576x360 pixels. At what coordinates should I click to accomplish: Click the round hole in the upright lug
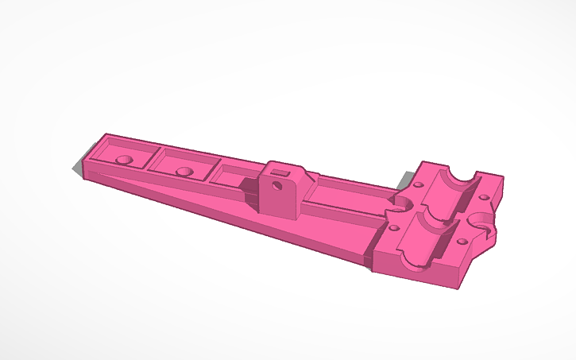277,186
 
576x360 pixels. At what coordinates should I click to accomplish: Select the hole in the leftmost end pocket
124,159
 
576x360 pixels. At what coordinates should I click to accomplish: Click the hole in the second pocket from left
184,171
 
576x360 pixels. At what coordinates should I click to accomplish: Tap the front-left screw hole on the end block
395,228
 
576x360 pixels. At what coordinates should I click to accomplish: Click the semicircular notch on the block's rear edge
462,174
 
